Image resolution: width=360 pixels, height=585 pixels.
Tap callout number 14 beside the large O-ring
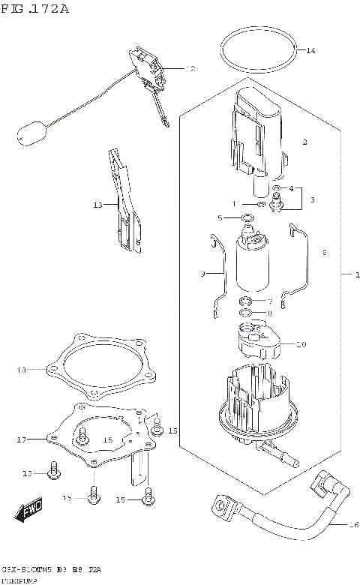pos(310,51)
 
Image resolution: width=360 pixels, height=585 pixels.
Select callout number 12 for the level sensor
pos(190,68)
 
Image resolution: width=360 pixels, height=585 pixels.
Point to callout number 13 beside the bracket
pos(97,204)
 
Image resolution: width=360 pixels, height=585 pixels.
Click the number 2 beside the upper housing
pos(304,142)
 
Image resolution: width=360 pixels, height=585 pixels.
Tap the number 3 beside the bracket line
pos(313,199)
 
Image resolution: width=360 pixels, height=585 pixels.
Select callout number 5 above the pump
pos(220,218)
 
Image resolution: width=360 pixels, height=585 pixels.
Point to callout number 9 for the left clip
pos(202,274)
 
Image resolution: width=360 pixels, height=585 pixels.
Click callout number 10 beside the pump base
pos(301,346)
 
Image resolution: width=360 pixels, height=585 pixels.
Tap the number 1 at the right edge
pos(347,274)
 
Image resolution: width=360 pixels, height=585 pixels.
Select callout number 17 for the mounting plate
pos(20,439)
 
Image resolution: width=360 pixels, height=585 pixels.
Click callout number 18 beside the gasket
pos(21,370)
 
